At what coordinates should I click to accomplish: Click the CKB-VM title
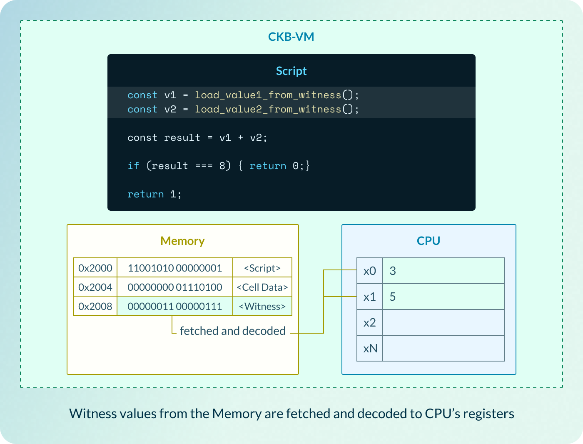point(291,37)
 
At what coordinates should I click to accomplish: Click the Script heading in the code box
point(291,71)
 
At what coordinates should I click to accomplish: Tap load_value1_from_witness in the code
point(268,95)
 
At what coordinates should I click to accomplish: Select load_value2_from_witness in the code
point(268,110)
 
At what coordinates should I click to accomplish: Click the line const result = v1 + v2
point(197,138)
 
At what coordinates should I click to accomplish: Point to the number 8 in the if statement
point(222,166)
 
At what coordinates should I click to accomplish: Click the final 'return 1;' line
point(154,194)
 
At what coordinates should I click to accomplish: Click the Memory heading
point(182,241)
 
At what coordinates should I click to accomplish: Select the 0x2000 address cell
point(95,268)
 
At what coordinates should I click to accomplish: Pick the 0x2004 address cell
point(95,287)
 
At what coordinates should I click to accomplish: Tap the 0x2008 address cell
point(95,306)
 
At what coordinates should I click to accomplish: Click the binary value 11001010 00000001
point(175,268)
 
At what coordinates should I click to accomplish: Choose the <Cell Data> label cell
point(262,287)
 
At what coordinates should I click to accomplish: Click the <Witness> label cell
point(262,306)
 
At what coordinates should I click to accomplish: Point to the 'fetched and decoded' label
point(232,331)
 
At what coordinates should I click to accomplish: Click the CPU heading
point(429,241)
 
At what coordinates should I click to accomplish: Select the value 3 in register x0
point(393,271)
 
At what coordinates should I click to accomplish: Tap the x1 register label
point(369,297)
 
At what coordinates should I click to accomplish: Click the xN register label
point(370,348)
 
